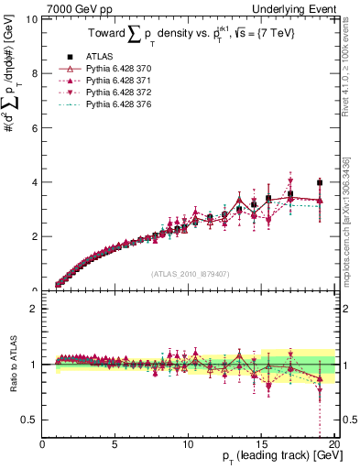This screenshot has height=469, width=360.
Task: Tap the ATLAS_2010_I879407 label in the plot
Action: point(189,274)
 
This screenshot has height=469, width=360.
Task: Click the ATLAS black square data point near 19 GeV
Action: point(320,182)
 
